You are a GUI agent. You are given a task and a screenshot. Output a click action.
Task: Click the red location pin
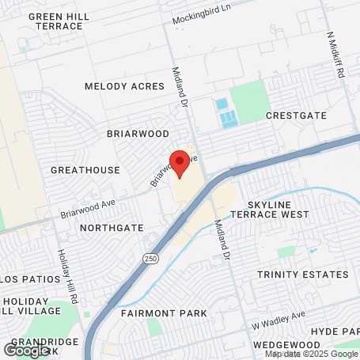pos(179,161)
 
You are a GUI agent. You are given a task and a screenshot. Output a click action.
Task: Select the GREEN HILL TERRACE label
pos(55,21)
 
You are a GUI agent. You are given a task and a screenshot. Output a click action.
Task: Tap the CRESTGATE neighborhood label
pos(296,116)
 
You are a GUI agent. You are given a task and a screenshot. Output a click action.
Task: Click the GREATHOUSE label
pos(85,170)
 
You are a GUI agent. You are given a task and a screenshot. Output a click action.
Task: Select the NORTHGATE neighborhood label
pos(112,228)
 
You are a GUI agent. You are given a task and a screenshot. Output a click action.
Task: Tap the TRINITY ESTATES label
pos(302,275)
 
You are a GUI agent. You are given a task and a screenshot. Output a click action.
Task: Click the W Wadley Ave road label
pos(279,316)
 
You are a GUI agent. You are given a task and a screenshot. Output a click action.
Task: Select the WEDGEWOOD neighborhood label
pos(286,345)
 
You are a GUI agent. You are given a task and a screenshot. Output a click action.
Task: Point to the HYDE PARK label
pos(335,330)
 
